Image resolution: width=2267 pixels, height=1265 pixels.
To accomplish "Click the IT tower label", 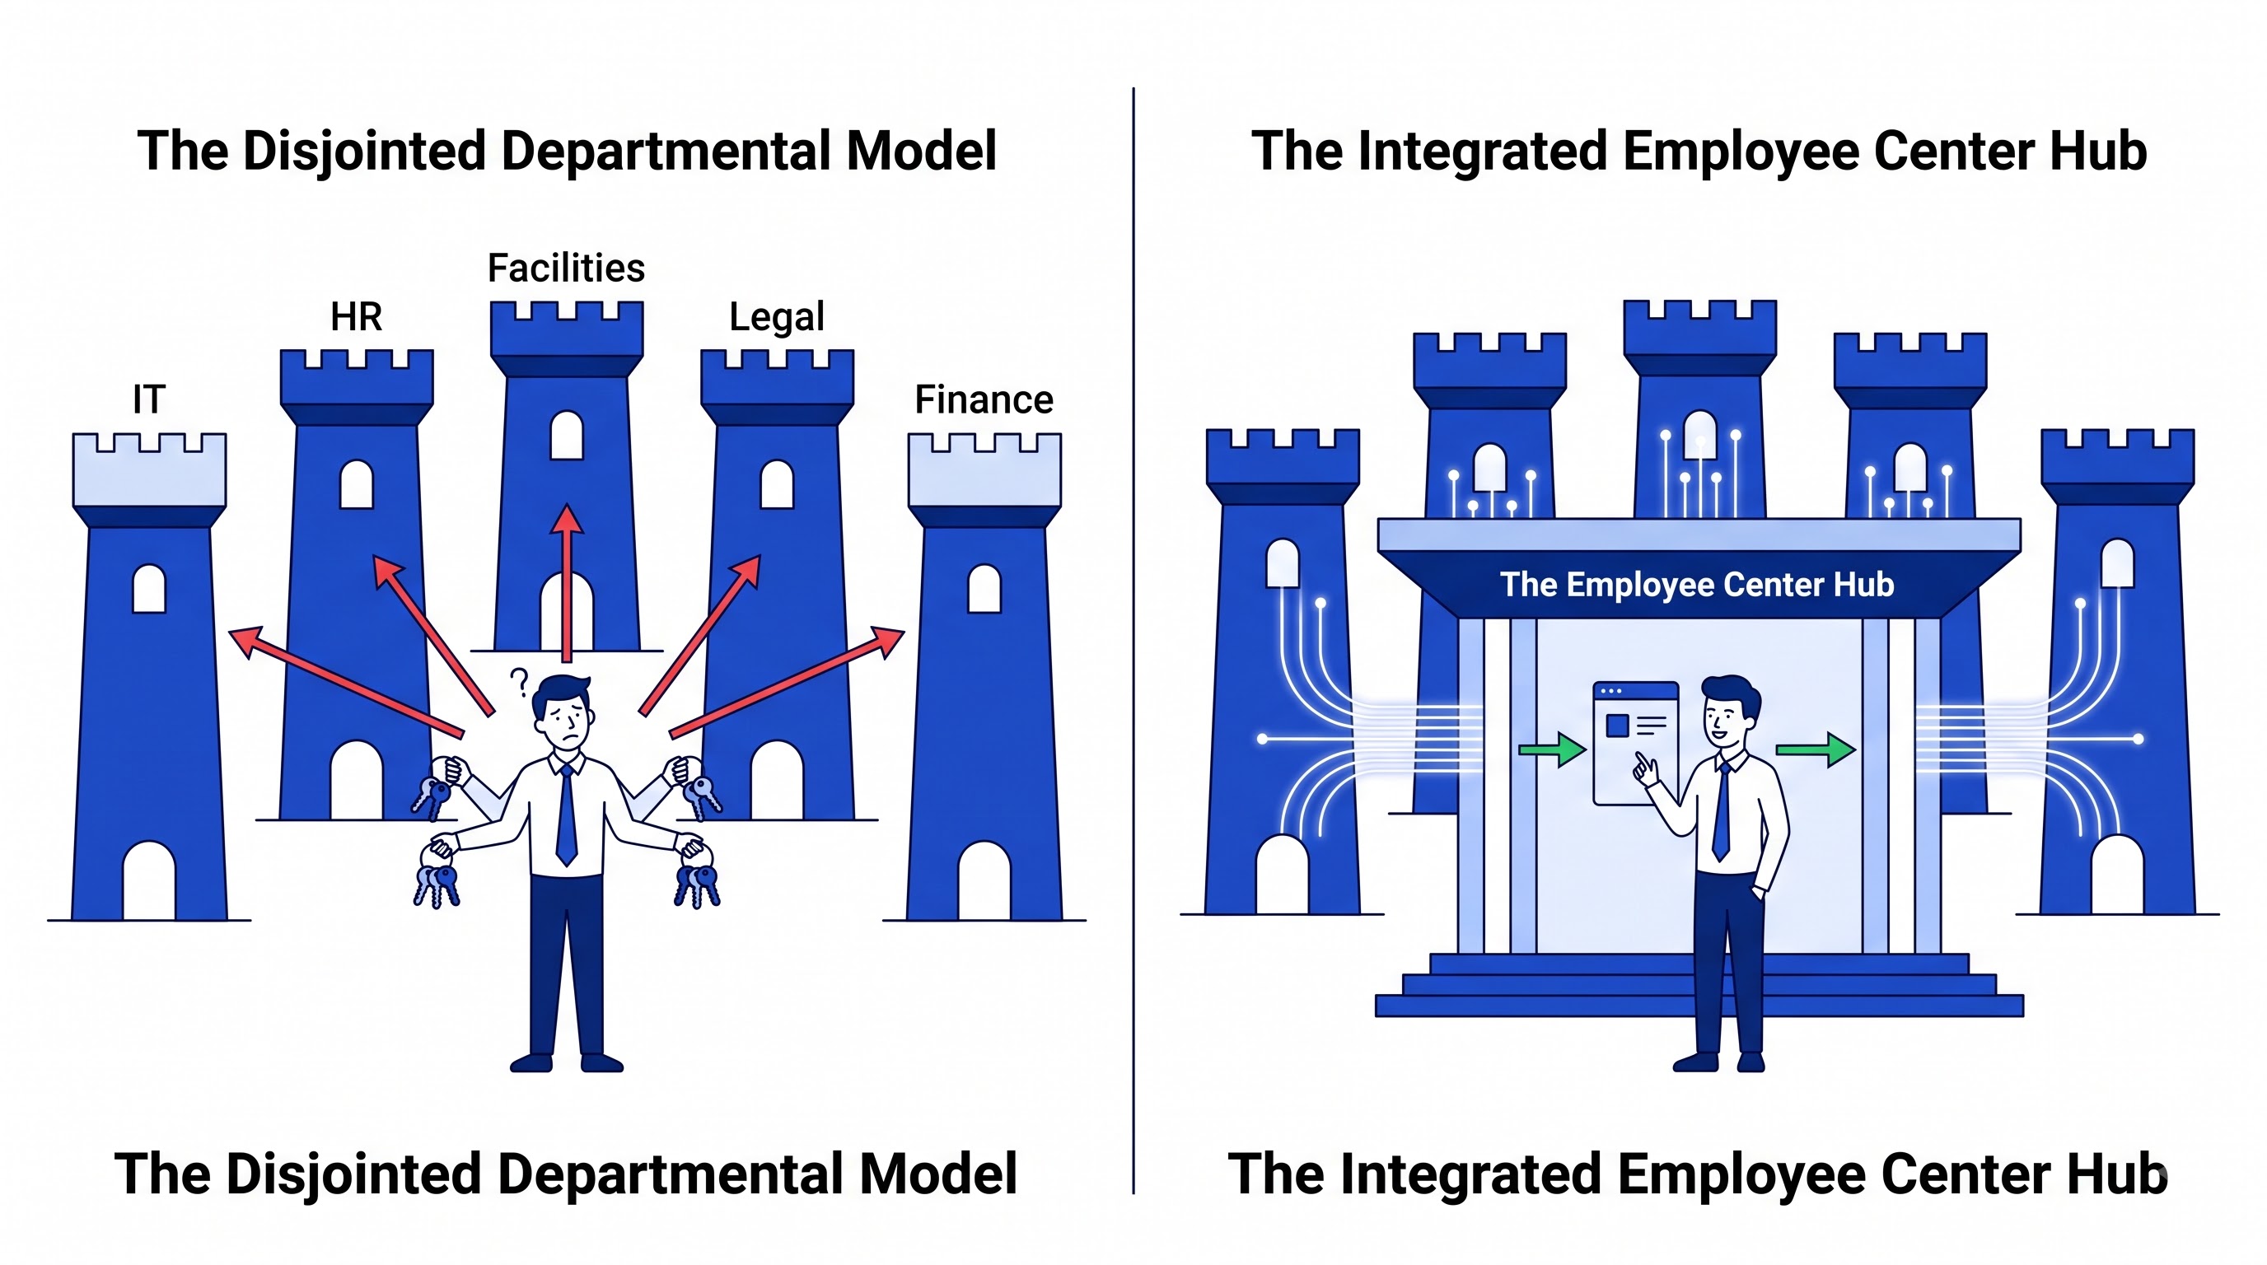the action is [x=149, y=399].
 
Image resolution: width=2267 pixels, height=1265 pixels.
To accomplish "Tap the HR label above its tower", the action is [x=357, y=317].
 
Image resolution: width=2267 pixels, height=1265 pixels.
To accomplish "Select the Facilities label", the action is [x=566, y=268].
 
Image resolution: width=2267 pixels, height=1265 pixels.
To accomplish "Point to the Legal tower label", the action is [x=776, y=317].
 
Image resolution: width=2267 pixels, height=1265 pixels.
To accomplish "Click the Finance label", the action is [x=984, y=399].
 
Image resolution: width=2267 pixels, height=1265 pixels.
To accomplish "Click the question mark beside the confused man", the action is [x=519, y=683].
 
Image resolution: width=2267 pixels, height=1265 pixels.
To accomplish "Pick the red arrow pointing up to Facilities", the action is [x=567, y=582].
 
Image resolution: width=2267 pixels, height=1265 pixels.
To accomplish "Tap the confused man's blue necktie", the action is [x=567, y=814].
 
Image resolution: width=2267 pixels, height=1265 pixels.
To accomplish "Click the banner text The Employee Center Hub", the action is [x=1697, y=585].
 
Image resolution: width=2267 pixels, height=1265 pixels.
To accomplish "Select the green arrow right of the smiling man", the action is [x=1816, y=749].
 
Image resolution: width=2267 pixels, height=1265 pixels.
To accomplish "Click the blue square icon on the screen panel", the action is [x=1618, y=726].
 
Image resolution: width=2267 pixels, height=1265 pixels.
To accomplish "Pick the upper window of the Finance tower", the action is [x=984, y=588].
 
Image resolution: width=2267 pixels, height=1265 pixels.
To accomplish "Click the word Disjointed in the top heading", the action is [x=363, y=152].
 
